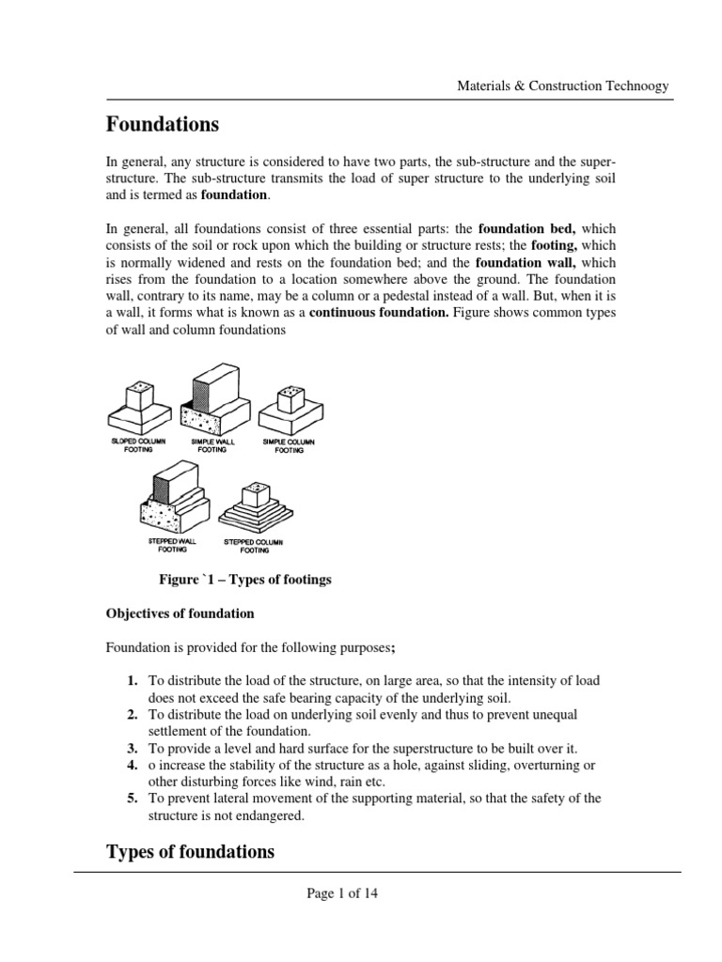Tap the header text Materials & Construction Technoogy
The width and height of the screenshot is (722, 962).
tap(562, 85)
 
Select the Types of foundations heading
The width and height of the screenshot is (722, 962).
tap(190, 852)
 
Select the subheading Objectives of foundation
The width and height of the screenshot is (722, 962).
tap(179, 613)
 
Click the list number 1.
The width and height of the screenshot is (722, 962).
tap(133, 680)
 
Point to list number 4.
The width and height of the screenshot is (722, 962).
tap(133, 765)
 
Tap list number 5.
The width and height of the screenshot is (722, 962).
tap(133, 799)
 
